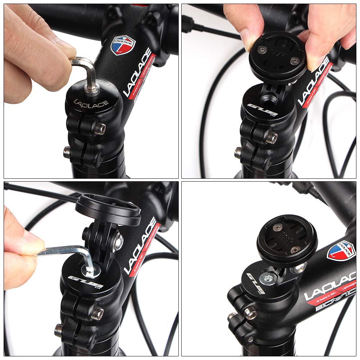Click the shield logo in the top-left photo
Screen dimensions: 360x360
[x=123, y=45]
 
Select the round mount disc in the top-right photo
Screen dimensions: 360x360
[x=278, y=57]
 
